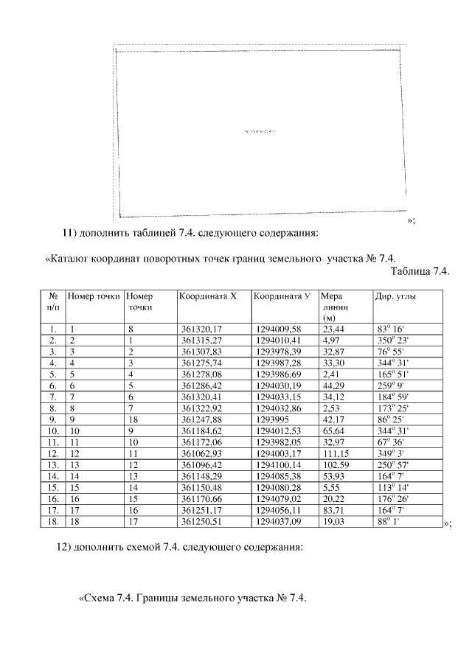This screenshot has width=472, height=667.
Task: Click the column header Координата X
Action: [207, 296]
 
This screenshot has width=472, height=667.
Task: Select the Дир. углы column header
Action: [392, 296]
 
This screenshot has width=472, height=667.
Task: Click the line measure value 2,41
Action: [332, 374]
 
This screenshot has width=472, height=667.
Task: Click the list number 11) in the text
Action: [69, 234]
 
